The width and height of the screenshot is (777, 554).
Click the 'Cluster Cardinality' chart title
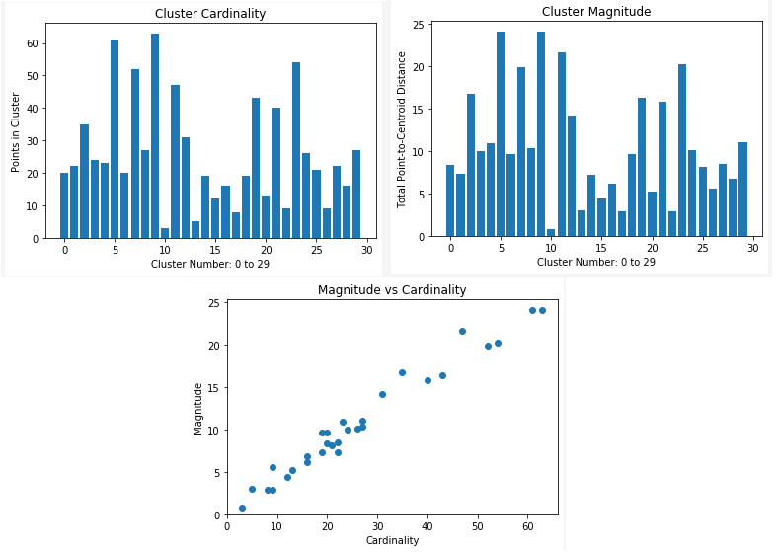(210, 14)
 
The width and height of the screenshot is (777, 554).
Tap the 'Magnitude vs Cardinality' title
(392, 290)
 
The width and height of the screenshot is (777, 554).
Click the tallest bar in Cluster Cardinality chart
(155, 136)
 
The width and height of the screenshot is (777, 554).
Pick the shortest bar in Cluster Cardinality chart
(165, 233)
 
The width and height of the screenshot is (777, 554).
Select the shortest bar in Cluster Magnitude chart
(551, 233)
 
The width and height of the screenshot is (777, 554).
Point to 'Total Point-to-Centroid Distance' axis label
(402, 129)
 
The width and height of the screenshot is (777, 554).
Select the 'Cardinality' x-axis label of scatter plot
(392, 540)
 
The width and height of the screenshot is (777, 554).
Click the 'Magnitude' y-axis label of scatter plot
(198, 408)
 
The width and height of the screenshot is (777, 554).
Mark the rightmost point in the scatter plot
(542, 310)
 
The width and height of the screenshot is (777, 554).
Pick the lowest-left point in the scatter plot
(242, 508)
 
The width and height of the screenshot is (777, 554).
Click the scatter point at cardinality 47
(462, 331)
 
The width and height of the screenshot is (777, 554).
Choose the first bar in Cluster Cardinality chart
(64, 205)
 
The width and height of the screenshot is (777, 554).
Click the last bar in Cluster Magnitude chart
(742, 190)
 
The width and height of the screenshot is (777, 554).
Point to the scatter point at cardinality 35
(402, 372)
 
